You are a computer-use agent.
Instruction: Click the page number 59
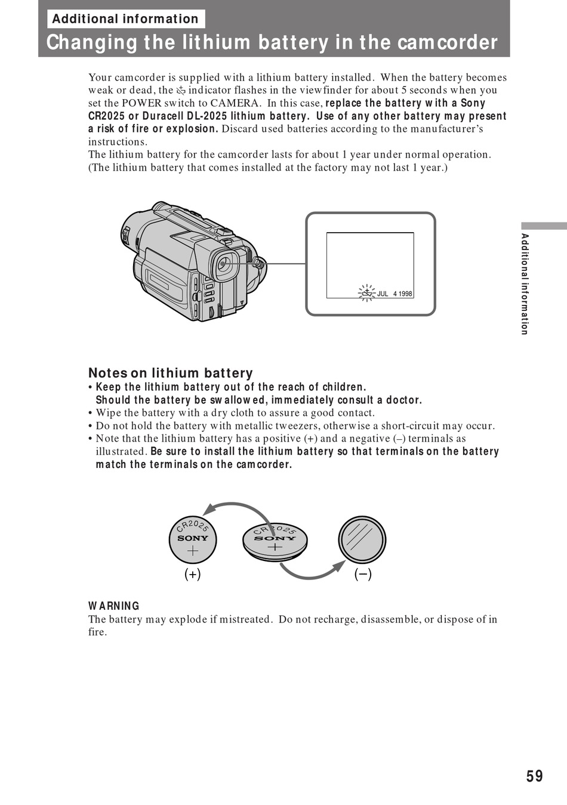(534, 776)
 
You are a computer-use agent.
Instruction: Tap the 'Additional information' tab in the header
(125, 19)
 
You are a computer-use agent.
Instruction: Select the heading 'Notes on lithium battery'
(171, 373)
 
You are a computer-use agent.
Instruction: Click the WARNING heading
(114, 606)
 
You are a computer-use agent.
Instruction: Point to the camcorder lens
(224, 264)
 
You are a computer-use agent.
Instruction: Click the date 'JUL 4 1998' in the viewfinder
(395, 294)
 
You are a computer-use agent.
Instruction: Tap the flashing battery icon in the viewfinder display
(366, 292)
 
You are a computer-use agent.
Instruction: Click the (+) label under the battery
(192, 574)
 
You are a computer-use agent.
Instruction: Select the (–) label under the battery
(363, 574)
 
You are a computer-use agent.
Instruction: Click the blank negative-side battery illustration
(362, 539)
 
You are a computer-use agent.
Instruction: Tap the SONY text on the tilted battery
(275, 538)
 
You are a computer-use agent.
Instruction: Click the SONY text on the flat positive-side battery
(193, 538)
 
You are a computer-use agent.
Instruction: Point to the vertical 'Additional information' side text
(525, 284)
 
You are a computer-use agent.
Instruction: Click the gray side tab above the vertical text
(543, 226)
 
